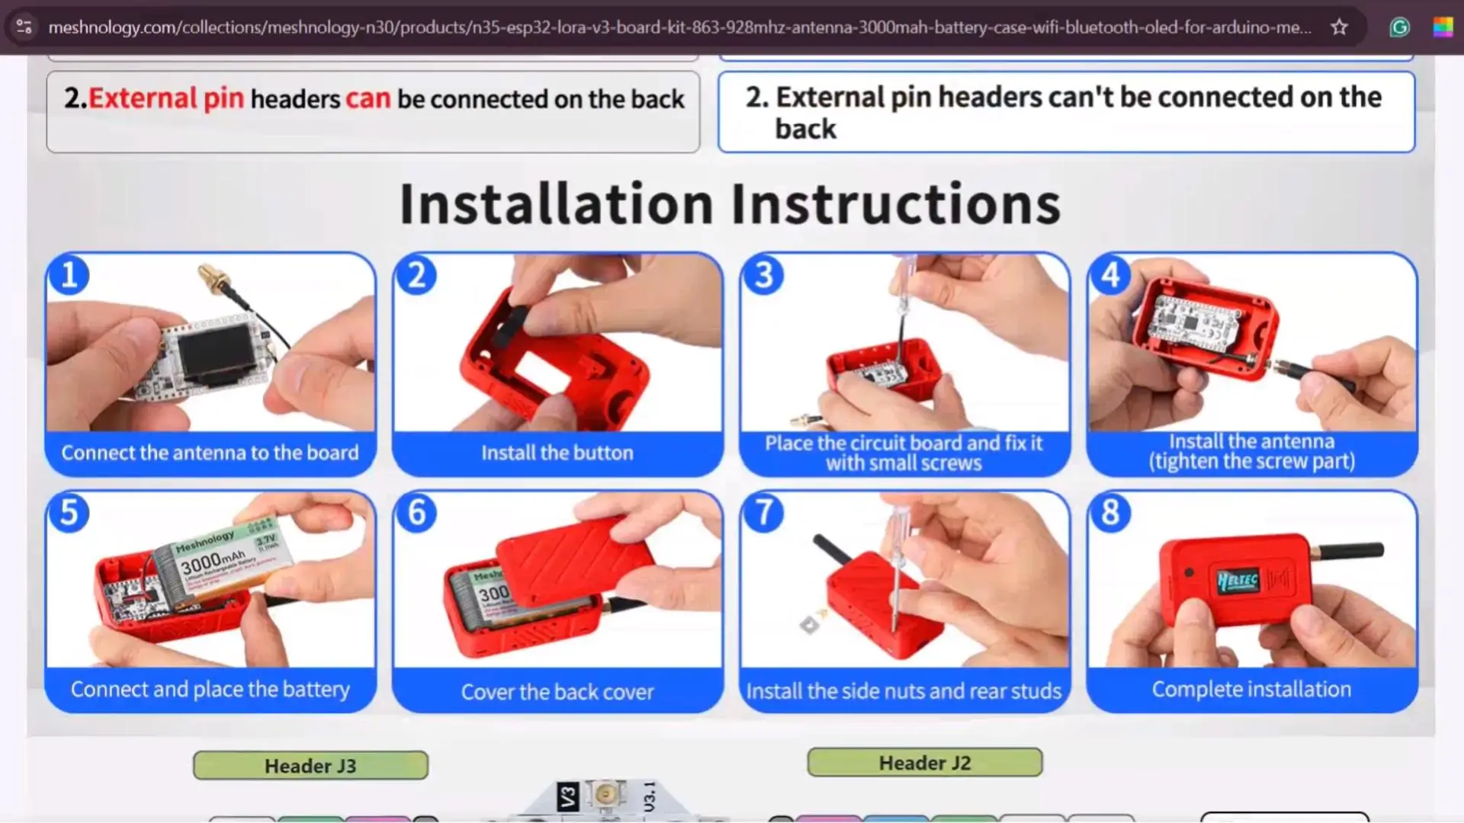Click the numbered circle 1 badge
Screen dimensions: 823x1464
69,275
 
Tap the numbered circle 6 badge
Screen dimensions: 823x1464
416,513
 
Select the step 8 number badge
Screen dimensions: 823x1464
1110,513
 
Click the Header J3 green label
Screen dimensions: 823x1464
310,765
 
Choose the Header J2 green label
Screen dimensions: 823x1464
924,762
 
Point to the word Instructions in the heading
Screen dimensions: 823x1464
896,203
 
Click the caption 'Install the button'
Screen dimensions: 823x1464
557,453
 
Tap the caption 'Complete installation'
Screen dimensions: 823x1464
1251,689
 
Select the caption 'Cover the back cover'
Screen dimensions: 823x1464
557,691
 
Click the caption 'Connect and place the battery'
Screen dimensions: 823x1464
210,689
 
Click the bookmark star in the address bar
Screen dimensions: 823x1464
1339,27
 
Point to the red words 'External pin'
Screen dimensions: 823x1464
165,98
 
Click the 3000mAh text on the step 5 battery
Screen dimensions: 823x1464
213,562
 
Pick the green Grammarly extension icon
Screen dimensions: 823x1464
1400,27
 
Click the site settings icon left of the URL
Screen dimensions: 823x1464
24,27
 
